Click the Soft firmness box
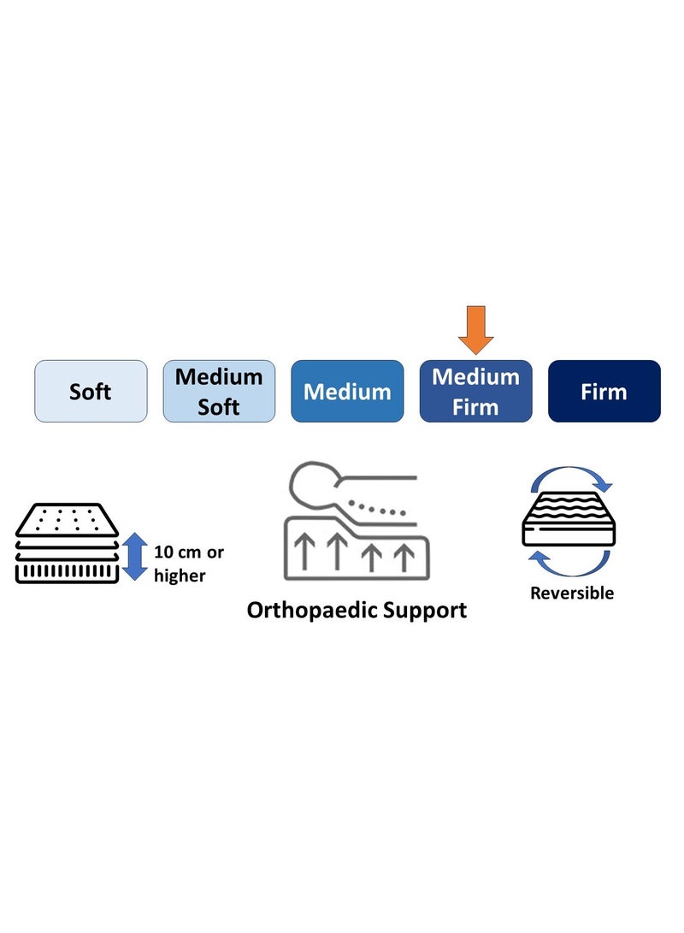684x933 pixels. coord(91,391)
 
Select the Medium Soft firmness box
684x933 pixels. coord(219,391)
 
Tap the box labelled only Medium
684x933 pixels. coord(347,391)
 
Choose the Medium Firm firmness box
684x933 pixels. coord(476,391)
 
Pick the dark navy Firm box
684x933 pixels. coord(604,391)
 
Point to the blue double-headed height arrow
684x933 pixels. coord(135,557)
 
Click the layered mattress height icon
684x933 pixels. coord(67,543)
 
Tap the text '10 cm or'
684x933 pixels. coord(189,552)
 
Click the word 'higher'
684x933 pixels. coord(180,576)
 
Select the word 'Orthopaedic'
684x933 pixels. coord(311,611)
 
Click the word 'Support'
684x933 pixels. coord(425,611)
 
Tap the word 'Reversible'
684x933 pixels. coord(572,593)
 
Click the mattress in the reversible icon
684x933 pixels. coord(569,519)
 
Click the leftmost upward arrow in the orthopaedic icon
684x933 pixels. coord(305,552)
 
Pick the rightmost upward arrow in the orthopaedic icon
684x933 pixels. coord(405,558)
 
